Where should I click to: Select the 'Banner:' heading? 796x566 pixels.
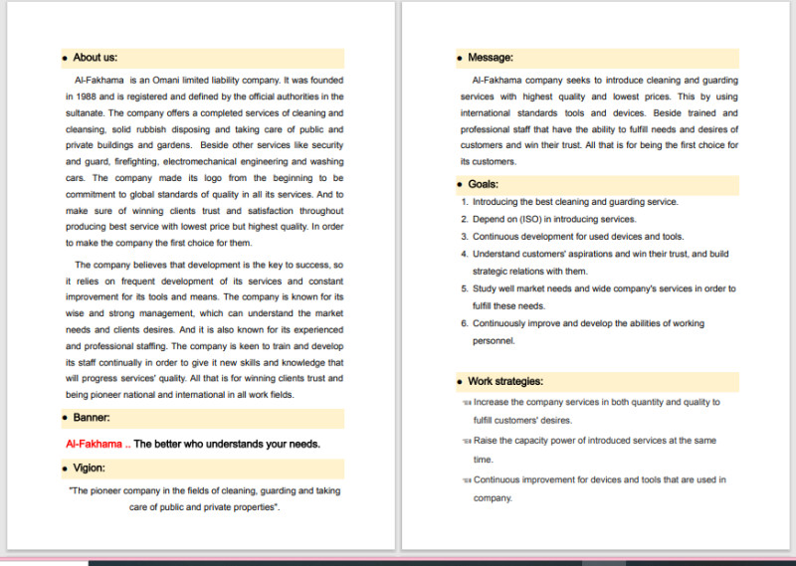[92, 418]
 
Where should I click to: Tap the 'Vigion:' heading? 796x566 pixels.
[90, 468]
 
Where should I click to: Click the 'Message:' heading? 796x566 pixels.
[491, 58]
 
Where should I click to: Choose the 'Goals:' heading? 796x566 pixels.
[484, 184]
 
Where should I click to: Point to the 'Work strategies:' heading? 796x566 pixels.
[505, 381]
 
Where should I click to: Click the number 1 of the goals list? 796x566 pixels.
[464, 202]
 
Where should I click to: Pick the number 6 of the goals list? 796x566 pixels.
[464, 323]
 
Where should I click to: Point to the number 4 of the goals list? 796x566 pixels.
[464, 254]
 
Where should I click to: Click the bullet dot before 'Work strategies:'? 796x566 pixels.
[459, 382]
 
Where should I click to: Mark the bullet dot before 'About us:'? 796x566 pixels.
[65, 59]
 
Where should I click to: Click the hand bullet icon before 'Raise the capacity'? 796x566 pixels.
[466, 441]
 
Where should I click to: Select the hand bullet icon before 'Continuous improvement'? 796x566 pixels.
[466, 480]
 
